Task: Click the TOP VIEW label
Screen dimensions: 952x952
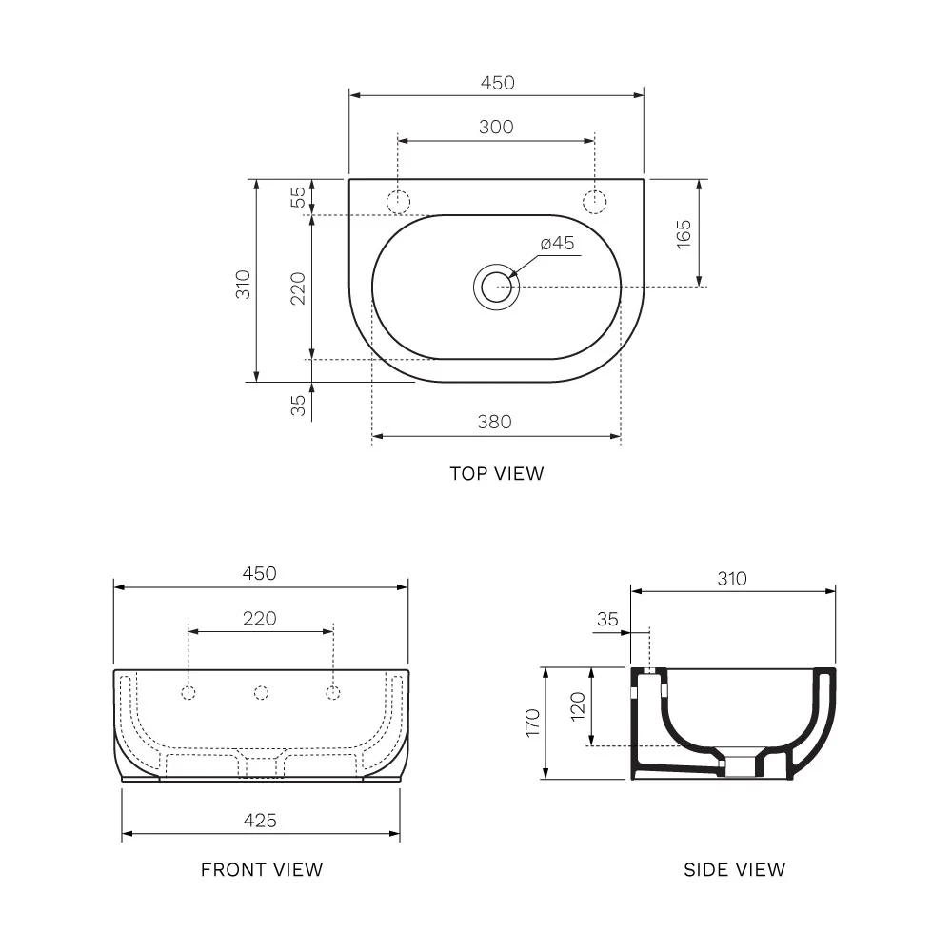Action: click(x=496, y=473)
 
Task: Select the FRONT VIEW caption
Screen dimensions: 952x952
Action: click(x=261, y=869)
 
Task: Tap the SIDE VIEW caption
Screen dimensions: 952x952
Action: click(x=734, y=869)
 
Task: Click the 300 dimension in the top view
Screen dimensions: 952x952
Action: click(x=496, y=127)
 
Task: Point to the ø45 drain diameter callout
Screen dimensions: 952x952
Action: click(x=557, y=244)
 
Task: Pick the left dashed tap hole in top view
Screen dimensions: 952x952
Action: click(x=397, y=202)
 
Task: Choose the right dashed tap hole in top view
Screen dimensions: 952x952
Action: click(x=594, y=202)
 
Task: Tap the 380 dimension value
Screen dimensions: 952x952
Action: click(x=495, y=422)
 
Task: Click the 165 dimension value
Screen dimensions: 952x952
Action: click(x=684, y=233)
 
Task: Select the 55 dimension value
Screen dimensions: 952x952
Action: click(x=298, y=197)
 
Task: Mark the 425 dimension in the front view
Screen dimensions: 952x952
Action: click(x=259, y=820)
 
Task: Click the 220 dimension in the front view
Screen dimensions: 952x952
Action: click(x=259, y=619)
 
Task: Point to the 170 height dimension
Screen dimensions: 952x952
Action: click(x=532, y=723)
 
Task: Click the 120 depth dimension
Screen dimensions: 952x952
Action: click(x=578, y=706)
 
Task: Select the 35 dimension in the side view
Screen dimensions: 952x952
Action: click(x=607, y=619)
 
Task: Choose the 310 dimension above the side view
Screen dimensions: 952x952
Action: click(x=733, y=578)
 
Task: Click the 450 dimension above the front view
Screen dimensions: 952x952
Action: click(x=259, y=573)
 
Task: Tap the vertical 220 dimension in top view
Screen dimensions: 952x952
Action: click(x=298, y=288)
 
